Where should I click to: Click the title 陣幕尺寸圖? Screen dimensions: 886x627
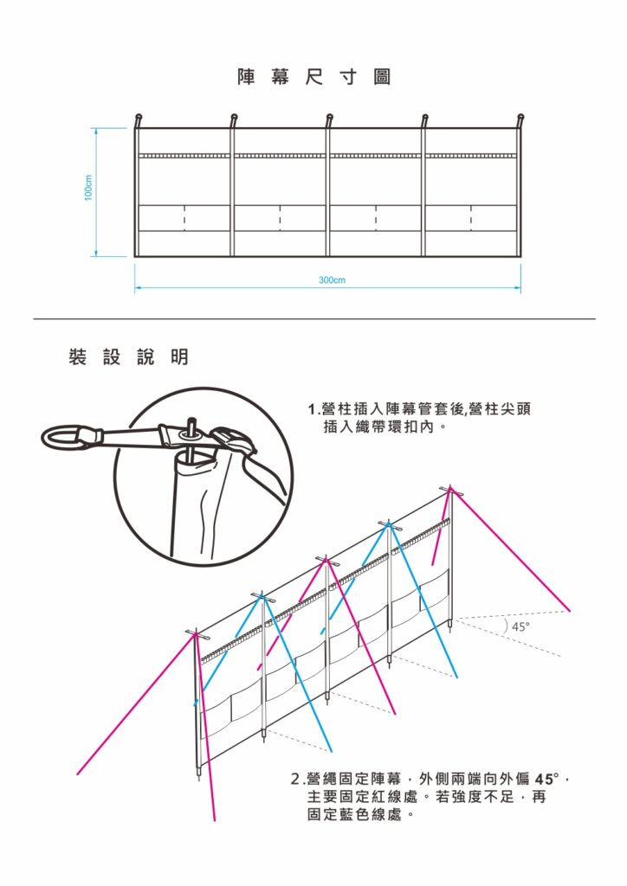(314, 77)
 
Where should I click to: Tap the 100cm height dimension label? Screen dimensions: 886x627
(88, 189)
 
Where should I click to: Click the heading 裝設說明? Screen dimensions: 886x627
(128, 356)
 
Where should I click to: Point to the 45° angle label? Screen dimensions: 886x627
(520, 626)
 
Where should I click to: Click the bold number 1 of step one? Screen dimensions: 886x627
(312, 409)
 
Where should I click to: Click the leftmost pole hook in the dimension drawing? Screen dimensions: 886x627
(138, 119)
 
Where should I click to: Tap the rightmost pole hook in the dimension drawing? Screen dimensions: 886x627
(520, 119)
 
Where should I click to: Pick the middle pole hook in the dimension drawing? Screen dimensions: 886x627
(329, 119)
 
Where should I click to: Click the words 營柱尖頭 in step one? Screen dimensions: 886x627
(496, 409)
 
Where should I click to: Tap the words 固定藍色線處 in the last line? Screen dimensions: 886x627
(354, 815)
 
